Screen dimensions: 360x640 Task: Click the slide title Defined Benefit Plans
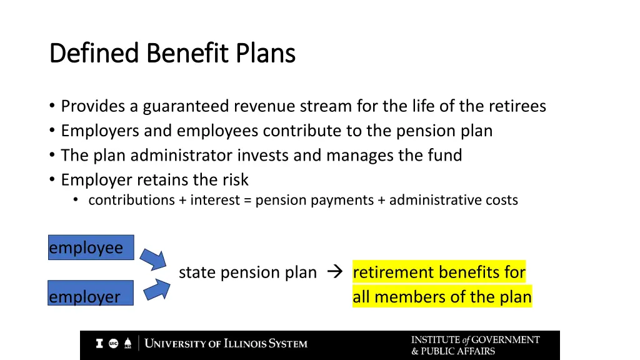[x=172, y=54]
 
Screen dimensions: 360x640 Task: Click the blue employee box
[x=91, y=247]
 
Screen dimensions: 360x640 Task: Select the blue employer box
[x=91, y=293]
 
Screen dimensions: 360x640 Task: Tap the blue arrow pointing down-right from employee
[x=152, y=258]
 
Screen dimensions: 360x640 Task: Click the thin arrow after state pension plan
[x=332, y=272]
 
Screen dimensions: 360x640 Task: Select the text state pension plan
[x=247, y=272]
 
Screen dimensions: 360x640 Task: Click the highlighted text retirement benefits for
[x=439, y=272]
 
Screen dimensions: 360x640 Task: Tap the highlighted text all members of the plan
[x=442, y=297]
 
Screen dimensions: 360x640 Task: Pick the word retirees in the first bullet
[x=517, y=106]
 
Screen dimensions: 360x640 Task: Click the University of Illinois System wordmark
[x=226, y=344]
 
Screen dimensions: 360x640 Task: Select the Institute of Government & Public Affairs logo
[x=475, y=345]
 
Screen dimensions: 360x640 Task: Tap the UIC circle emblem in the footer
[x=114, y=344]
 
